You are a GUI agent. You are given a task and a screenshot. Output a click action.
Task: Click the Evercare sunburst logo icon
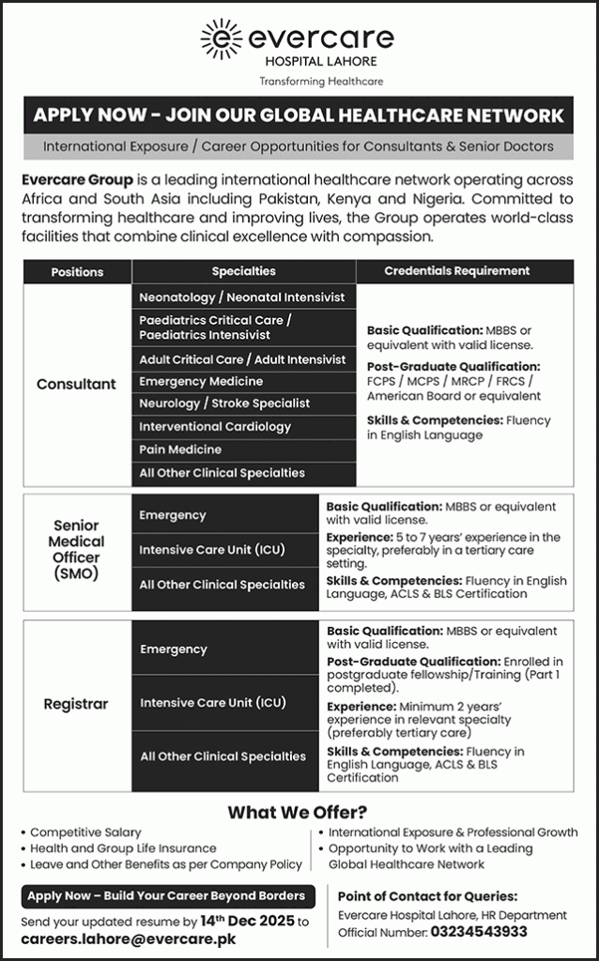tap(222, 39)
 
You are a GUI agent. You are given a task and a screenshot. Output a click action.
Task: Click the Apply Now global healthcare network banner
tap(299, 115)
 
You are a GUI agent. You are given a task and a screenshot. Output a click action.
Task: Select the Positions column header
tap(77, 271)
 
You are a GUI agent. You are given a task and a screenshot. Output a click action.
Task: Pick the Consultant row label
tap(77, 384)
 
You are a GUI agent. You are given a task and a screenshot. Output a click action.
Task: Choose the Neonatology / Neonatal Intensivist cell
tap(242, 297)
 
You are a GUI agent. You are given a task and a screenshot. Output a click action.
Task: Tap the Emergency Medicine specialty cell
tap(201, 381)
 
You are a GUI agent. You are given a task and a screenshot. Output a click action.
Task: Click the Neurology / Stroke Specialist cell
tap(224, 403)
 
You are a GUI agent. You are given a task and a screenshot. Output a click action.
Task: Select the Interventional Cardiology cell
tap(215, 426)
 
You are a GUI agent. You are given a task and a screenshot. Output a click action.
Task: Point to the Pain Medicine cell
tap(180, 450)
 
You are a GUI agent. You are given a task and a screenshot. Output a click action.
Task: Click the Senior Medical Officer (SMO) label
tap(77, 550)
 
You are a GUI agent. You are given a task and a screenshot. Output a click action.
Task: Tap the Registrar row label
tap(77, 703)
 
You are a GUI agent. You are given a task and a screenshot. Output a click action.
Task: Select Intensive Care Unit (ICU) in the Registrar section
tap(212, 702)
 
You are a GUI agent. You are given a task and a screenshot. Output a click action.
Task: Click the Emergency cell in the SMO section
tap(173, 515)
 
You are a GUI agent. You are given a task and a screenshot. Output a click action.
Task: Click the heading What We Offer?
tap(298, 812)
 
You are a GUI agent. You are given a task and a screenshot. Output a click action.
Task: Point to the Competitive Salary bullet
tap(85, 832)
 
